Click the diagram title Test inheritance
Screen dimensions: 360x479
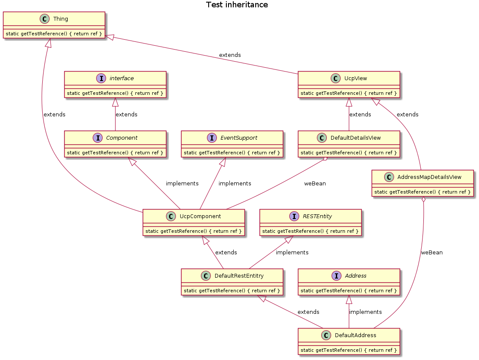(x=237, y=5)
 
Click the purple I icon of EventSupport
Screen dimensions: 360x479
(x=211, y=138)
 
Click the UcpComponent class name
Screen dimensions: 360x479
(x=200, y=216)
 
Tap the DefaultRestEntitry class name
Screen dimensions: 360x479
(x=238, y=276)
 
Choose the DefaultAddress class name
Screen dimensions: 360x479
(x=355, y=335)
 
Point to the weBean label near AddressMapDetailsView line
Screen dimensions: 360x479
(x=432, y=252)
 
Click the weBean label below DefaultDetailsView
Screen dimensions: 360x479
(x=315, y=183)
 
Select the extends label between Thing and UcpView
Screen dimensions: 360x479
(x=230, y=55)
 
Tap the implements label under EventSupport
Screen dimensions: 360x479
(x=235, y=183)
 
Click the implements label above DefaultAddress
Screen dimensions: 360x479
(x=365, y=312)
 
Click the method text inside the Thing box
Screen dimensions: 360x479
(x=54, y=34)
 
